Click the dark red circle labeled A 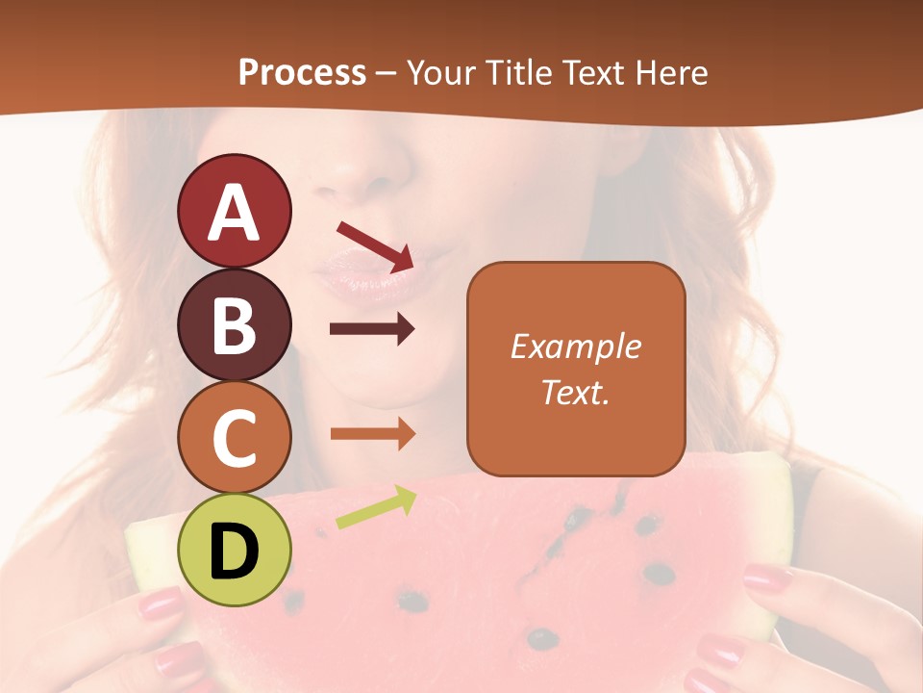click(234, 211)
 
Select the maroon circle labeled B click(234, 324)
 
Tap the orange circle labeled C click(234, 438)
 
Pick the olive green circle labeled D click(234, 551)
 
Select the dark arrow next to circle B click(372, 329)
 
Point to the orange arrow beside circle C click(372, 434)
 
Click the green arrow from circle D click(376, 507)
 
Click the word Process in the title click(302, 73)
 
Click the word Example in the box click(575, 347)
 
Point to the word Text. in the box click(575, 392)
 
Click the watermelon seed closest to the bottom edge click(542, 637)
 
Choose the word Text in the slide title click(593, 73)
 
